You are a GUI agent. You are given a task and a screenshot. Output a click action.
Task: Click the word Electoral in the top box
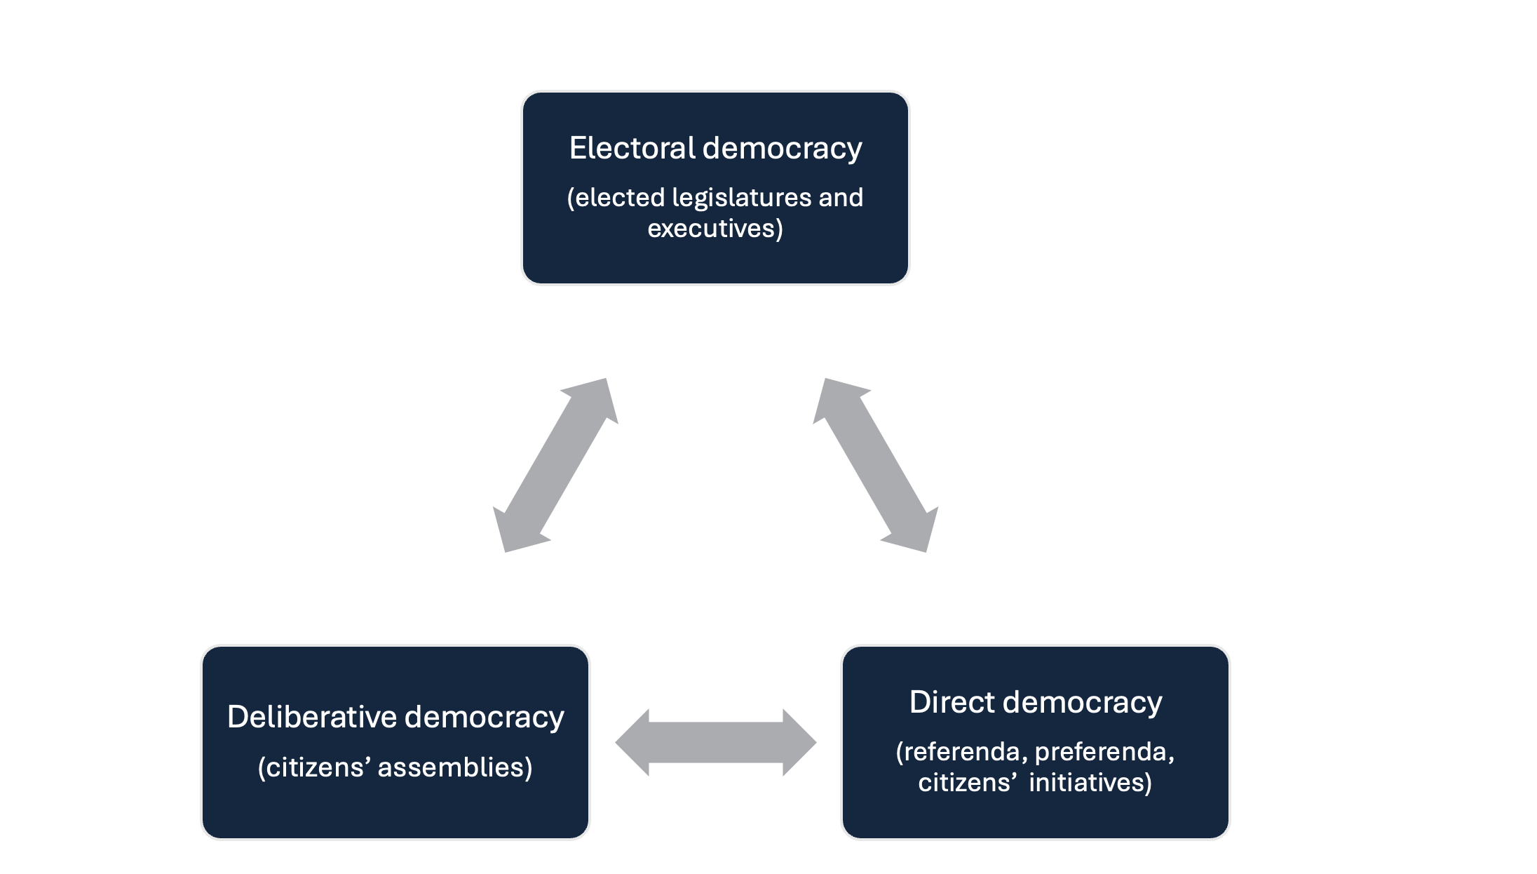point(632,148)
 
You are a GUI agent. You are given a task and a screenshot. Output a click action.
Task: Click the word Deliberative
point(312,717)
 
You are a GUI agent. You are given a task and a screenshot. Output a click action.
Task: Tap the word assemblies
point(454,767)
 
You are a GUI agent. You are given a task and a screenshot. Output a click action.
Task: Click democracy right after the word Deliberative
point(485,718)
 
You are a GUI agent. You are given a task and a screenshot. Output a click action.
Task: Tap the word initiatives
point(1090,783)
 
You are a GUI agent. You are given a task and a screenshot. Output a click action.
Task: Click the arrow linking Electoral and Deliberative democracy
point(555,465)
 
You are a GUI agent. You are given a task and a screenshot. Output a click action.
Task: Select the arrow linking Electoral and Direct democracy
point(876,465)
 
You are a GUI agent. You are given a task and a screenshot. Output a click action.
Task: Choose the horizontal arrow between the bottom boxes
point(715,742)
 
